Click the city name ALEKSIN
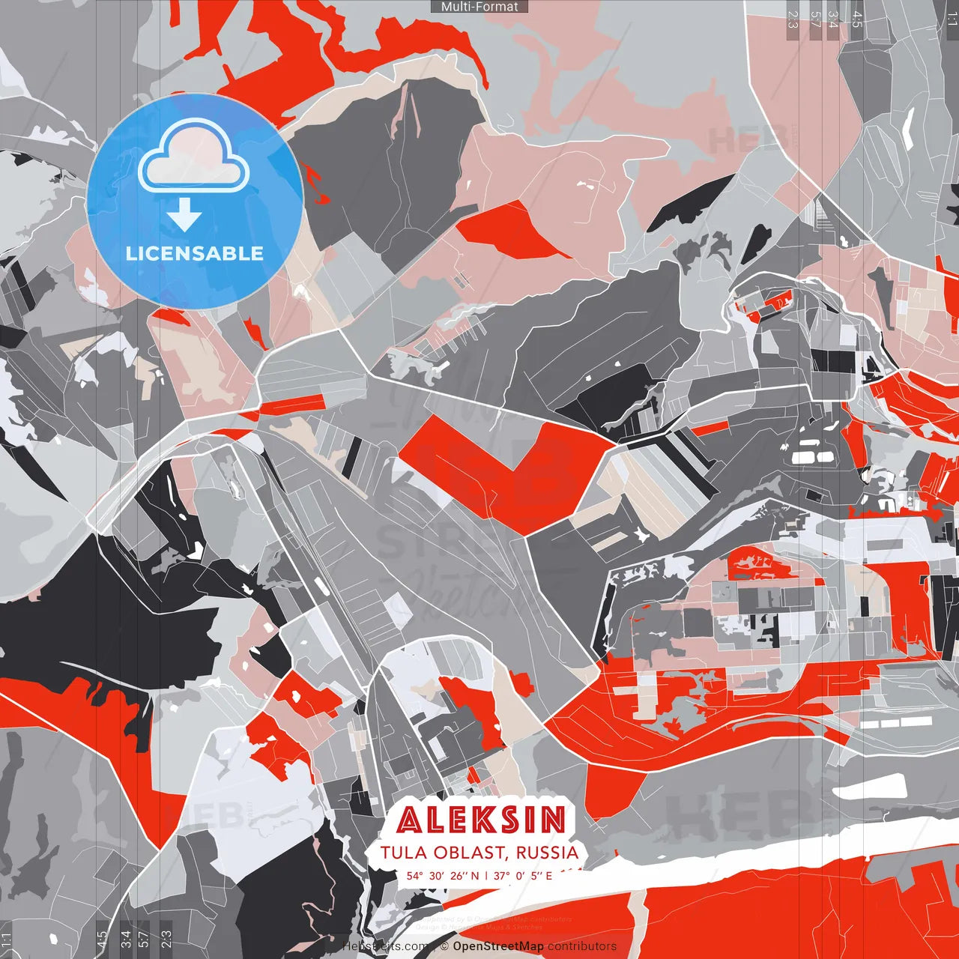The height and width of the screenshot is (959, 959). point(481,820)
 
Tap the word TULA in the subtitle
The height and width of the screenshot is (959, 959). point(404,853)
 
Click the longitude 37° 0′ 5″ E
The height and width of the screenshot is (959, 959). point(523,875)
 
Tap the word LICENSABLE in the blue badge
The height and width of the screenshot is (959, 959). point(195,253)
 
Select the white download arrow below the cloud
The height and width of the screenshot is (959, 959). point(184,217)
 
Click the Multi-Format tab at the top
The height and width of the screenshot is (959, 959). point(479,7)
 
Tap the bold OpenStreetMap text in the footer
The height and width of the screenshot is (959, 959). point(497,946)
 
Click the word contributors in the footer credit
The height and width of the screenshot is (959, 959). point(582,946)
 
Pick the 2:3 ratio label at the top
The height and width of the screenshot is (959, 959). point(793,19)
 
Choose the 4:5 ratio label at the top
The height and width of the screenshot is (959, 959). point(857,19)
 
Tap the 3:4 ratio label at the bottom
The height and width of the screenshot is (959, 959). point(125,940)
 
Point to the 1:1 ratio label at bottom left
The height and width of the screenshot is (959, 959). point(7,940)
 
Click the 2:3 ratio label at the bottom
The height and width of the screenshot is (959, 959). point(166,940)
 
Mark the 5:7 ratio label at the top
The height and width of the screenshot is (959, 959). point(814,19)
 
